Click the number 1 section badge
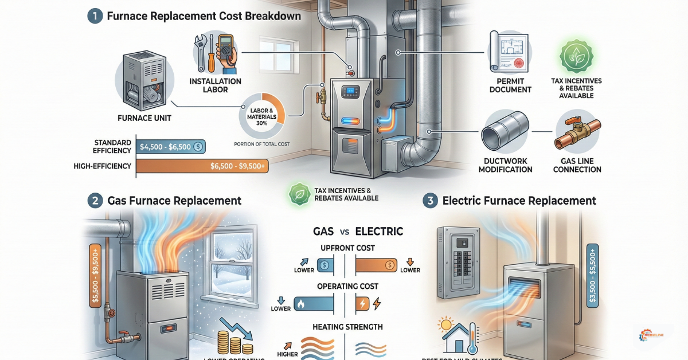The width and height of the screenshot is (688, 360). [95, 16]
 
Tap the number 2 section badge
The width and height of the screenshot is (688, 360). [95, 201]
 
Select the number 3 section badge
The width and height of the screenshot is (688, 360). [431, 201]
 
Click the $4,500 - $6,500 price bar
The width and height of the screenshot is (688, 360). [172, 146]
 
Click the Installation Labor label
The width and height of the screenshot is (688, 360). [215, 85]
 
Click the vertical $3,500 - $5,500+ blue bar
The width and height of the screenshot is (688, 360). [592, 275]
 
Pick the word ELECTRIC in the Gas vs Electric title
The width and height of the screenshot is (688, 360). [379, 232]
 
